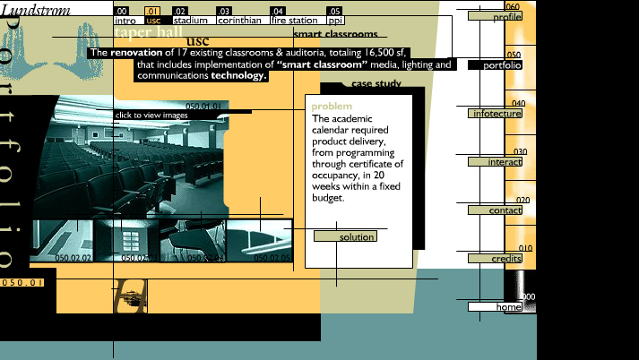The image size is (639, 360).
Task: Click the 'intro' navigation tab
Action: coord(125,20)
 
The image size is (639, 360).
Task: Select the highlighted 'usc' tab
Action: coord(153,20)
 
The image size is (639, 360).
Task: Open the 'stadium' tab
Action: coord(190,20)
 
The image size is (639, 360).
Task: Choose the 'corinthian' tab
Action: coord(239,20)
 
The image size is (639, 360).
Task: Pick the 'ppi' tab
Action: coord(334,20)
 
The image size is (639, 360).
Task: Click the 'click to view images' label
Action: coord(151,116)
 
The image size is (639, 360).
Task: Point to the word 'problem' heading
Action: coord(332,107)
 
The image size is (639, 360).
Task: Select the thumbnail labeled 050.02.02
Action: coord(62,240)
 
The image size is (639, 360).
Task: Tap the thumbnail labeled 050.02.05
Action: coord(259,240)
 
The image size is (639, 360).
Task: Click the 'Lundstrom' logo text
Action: coord(33,10)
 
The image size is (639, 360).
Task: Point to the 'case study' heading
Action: coord(376,84)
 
